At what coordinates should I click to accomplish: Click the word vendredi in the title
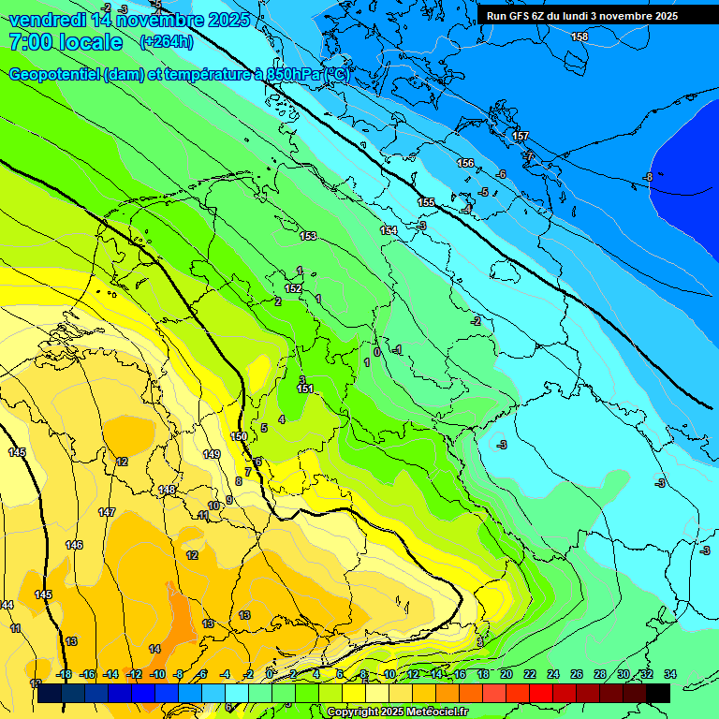pos(47,20)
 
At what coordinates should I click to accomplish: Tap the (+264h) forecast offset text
pos(167,41)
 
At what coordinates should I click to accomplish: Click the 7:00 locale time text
pos(65,42)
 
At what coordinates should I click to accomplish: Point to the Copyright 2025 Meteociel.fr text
pos(397,712)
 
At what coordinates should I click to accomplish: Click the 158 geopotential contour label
pos(580,37)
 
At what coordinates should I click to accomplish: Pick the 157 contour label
pos(521,137)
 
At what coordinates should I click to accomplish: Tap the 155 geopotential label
pos(426,202)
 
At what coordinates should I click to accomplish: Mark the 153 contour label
pos(308,237)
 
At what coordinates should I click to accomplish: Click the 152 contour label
pos(293,289)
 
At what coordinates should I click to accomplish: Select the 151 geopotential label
pos(304,389)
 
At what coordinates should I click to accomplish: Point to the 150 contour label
pos(239,437)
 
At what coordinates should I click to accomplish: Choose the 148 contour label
pos(167,490)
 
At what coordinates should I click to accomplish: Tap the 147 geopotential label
pos(107,512)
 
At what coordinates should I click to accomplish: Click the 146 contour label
pos(74,545)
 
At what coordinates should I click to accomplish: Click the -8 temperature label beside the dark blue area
pos(647,177)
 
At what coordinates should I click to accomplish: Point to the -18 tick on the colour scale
pos(65,674)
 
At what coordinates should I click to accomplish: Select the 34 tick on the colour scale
pos(669,674)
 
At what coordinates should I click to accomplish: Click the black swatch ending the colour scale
pos(658,693)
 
